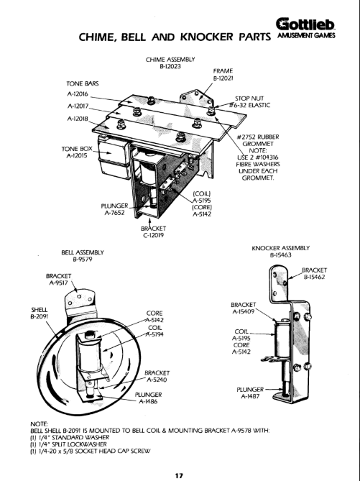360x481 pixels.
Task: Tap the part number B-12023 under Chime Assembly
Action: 170,66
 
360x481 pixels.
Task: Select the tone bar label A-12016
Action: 78,94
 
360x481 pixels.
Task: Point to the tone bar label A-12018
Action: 78,119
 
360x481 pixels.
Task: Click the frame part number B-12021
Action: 223,78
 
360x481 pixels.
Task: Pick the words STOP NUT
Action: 249,99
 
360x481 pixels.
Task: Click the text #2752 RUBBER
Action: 257,137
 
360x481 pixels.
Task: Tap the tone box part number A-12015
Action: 77,155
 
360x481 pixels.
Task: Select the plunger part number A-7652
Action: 114,213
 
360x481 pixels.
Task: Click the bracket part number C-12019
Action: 153,235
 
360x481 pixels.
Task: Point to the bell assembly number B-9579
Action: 83,260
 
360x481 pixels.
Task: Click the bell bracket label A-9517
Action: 59,283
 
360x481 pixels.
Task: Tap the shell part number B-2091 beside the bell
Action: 40,316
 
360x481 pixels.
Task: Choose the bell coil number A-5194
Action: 154,334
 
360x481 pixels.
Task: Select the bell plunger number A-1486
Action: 148,401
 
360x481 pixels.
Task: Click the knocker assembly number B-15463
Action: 280,255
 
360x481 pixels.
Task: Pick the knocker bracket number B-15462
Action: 314,277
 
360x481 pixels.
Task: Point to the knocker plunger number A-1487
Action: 250,396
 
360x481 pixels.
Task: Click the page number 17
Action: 179,476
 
